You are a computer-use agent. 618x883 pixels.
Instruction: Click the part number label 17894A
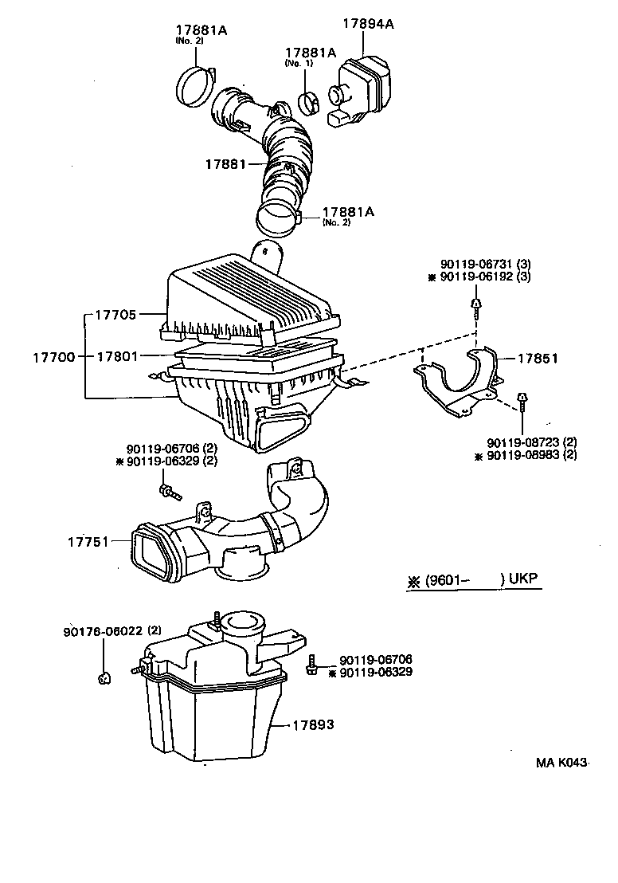click(x=368, y=24)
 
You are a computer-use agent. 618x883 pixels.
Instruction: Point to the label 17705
click(x=117, y=315)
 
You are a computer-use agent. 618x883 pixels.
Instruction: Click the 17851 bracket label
click(x=538, y=359)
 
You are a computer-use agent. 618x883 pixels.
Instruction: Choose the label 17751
click(x=88, y=542)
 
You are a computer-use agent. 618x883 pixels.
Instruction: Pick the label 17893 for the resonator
click(x=312, y=725)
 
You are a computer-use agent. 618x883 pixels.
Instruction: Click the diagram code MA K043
click(x=561, y=763)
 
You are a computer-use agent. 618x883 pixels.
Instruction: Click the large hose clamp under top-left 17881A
click(x=194, y=84)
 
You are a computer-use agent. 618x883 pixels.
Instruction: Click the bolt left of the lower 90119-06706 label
click(x=314, y=665)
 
